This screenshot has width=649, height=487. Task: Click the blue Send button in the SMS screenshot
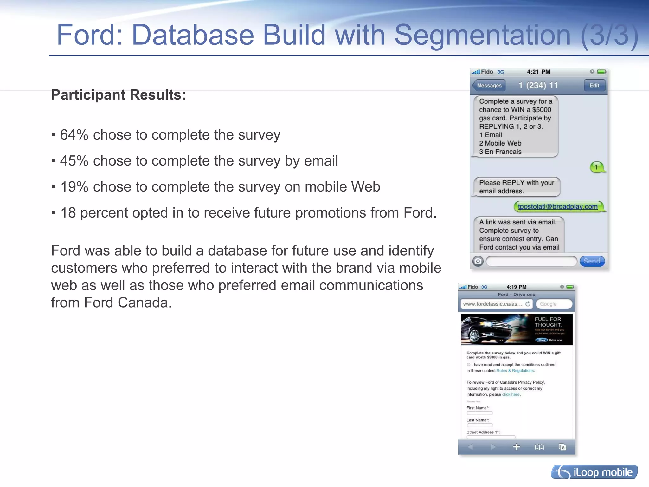coord(592,261)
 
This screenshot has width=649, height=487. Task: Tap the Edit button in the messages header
coord(594,85)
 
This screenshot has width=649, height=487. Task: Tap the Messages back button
coord(489,85)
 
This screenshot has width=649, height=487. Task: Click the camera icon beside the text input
coord(478,261)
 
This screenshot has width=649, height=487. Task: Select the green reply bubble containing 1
coord(597,167)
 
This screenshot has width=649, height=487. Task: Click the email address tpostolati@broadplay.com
coord(558,206)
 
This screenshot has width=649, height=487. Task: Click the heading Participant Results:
coord(119,95)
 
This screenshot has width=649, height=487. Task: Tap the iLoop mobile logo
coord(594,472)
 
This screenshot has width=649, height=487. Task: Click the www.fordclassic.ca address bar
coord(493,304)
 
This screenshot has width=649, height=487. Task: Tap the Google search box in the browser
coord(554,304)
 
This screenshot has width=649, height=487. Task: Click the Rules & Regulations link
coord(515,370)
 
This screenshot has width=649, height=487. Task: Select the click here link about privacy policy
coord(511,394)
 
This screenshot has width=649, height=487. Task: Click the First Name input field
coord(479,413)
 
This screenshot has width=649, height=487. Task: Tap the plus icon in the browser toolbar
coord(517,447)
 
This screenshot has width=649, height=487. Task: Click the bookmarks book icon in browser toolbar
coord(539,447)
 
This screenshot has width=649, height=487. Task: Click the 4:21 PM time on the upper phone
coord(538,72)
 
